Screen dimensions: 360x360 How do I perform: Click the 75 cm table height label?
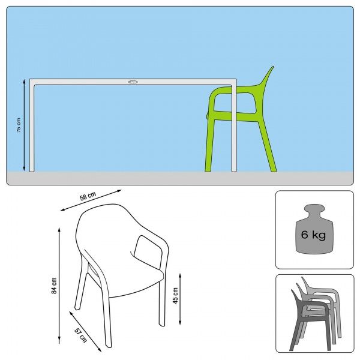[x=19, y=125]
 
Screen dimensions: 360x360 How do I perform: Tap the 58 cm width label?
[x=88, y=196]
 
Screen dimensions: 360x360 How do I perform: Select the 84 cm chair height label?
[x=54, y=286]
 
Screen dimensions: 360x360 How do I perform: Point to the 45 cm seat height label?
[x=175, y=295]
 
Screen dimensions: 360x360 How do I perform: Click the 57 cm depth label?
[x=81, y=335]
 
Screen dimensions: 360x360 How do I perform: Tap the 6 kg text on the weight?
[x=313, y=235]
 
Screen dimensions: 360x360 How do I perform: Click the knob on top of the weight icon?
[x=314, y=209]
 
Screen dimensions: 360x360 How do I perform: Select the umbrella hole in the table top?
[x=133, y=82]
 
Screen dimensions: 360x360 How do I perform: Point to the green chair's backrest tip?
[x=273, y=67]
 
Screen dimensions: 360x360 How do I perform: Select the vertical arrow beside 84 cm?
[x=59, y=286]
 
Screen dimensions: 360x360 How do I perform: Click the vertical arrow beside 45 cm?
[x=180, y=299]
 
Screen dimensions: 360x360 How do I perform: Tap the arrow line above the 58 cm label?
[x=91, y=200]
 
